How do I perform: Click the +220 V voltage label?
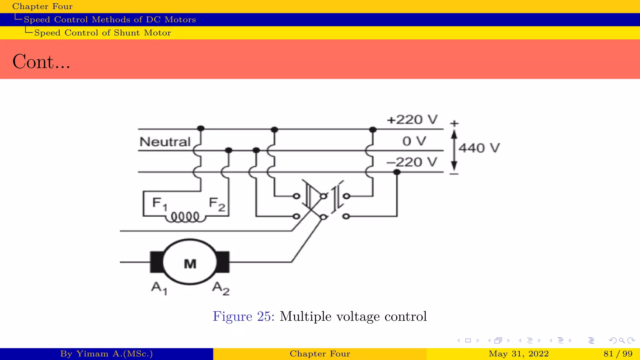tap(412, 120)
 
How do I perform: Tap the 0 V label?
tap(414, 141)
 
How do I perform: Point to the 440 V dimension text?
tap(479, 148)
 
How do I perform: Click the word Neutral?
tap(165, 142)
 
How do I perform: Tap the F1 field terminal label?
tap(160, 204)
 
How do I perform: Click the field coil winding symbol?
tap(185, 217)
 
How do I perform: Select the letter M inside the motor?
tap(190, 264)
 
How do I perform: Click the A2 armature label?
tap(221, 288)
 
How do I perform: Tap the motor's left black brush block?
tap(157, 262)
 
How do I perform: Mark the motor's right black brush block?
tap(223, 262)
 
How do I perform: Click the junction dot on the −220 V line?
tap(397, 172)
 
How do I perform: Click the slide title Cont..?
tap(41, 62)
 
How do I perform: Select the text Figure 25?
tap(243, 316)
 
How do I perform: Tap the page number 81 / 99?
tap(618, 354)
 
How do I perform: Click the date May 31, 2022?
tap(518, 354)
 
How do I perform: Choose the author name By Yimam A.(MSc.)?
tap(106, 354)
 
